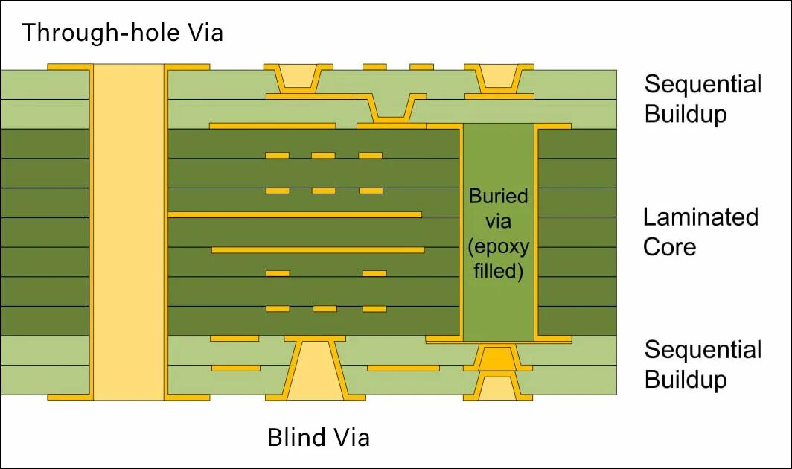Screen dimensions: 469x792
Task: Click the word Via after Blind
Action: point(350,437)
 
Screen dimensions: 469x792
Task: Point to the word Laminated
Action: point(700,217)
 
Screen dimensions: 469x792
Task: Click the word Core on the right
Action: point(669,247)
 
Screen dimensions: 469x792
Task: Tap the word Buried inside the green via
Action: point(498,197)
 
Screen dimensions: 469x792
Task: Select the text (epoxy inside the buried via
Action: point(498,246)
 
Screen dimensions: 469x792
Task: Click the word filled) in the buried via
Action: point(498,270)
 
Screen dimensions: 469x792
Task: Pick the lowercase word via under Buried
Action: point(498,221)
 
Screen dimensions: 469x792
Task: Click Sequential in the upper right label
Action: point(703,84)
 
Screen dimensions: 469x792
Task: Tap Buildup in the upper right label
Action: point(686,115)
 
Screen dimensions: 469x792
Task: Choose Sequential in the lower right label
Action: point(703,350)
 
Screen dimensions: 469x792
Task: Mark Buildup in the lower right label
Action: point(686,380)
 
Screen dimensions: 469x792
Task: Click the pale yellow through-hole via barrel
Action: point(129,231)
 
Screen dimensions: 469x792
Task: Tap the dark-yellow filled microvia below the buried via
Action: point(498,359)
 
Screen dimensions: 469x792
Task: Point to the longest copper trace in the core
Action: point(295,214)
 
